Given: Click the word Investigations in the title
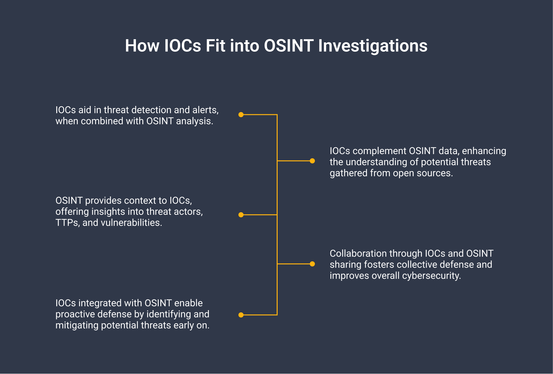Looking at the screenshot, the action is [x=373, y=46].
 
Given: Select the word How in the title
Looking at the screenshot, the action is [x=142, y=46].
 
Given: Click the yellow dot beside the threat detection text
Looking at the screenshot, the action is [x=241, y=115].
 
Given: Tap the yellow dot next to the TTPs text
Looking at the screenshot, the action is [x=241, y=215].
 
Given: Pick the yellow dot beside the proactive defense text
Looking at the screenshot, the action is [x=241, y=315].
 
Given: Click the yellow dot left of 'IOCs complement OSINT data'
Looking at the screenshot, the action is [x=312, y=161].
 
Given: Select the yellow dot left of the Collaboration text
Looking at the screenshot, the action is [x=312, y=264].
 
